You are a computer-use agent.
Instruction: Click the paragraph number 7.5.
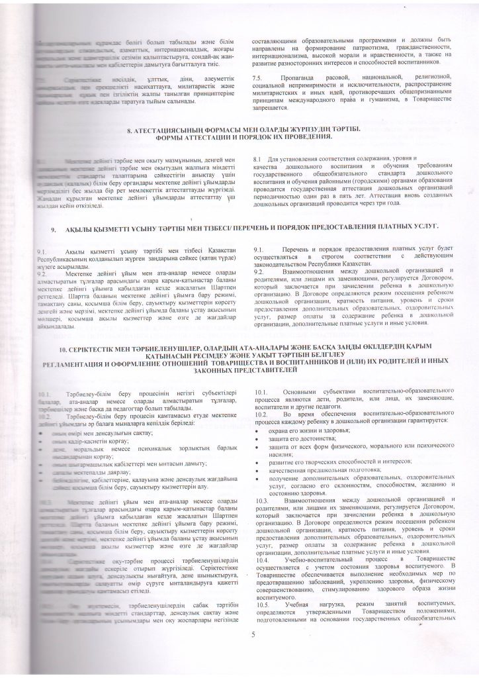258,78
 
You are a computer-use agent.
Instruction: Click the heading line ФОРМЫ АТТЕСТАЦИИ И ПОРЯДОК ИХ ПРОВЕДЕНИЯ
239,137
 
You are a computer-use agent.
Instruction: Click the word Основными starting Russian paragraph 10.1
304,394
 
